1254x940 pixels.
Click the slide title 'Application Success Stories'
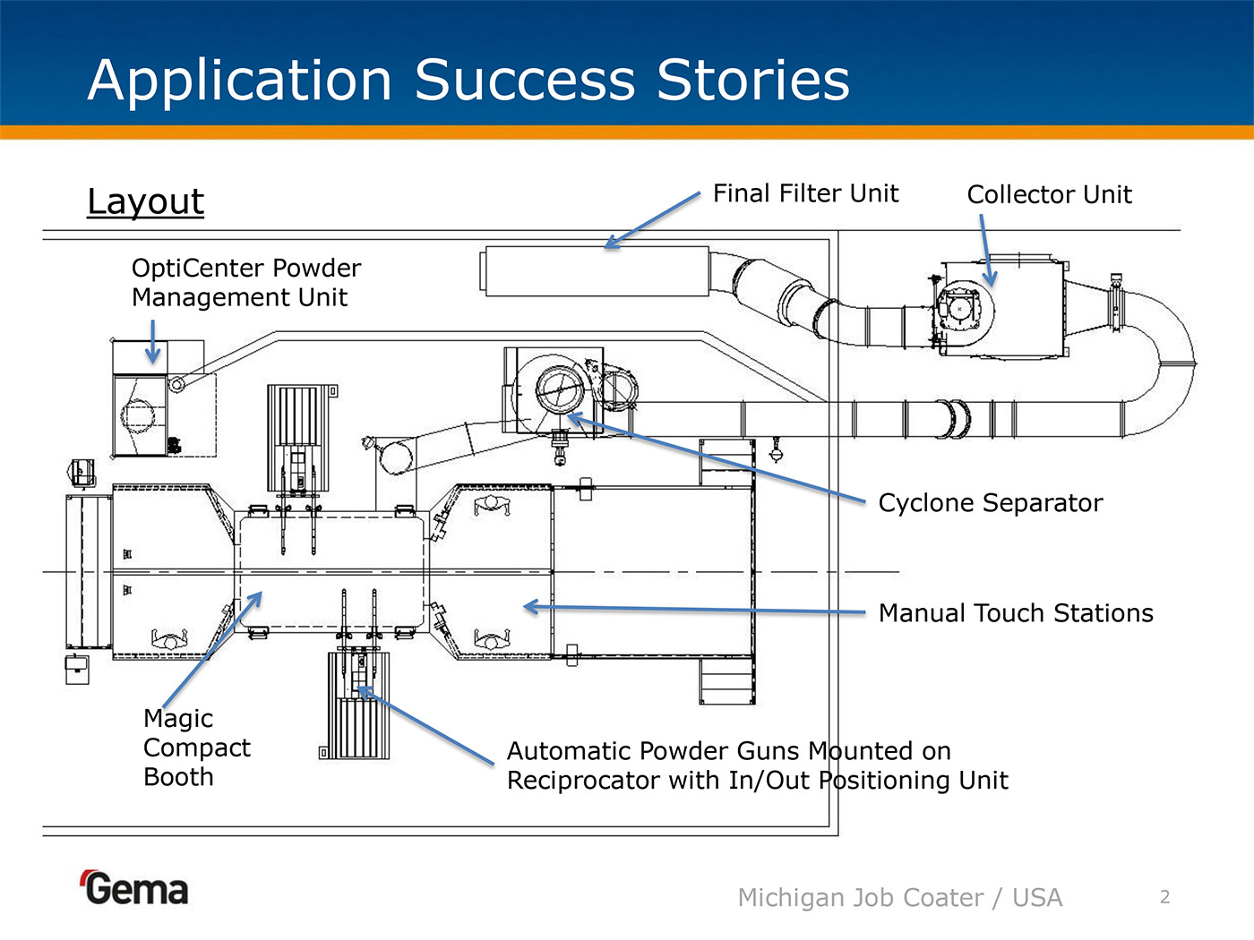468,81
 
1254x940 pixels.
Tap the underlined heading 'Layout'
145,201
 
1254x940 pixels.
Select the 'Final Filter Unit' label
805,193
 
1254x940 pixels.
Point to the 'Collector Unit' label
1049,194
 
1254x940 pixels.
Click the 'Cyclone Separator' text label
990,503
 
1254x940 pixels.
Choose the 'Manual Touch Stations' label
1016,613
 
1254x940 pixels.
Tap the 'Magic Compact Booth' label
196,748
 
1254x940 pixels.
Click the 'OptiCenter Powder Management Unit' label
245,283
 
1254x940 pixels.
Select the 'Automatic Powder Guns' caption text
757,765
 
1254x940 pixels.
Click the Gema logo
135,888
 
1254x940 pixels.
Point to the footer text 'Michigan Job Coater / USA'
899,898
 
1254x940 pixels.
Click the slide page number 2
1164,897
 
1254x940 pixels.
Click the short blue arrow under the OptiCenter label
153,341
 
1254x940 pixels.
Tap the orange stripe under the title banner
627,132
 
